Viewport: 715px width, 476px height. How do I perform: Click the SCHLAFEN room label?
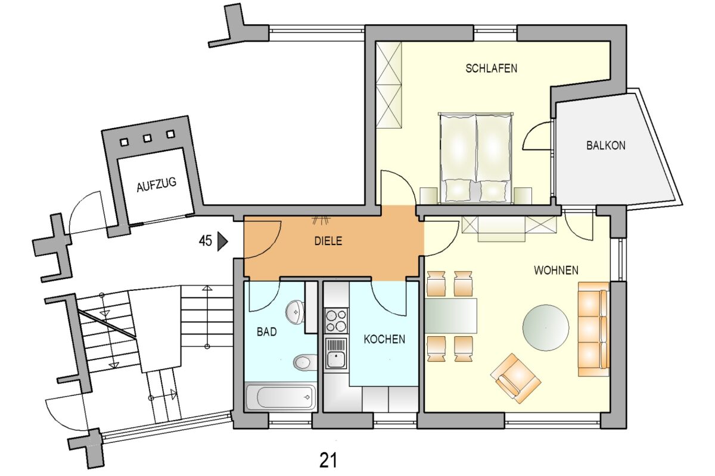(x=491, y=68)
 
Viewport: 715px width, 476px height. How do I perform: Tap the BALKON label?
(x=606, y=146)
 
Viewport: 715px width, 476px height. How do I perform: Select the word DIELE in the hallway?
(x=328, y=241)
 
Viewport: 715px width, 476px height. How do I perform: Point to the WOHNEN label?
(x=556, y=270)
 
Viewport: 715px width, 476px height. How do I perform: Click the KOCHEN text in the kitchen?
(x=384, y=339)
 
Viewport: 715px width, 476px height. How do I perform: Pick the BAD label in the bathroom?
(x=266, y=332)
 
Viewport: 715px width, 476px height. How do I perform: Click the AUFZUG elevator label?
(x=156, y=184)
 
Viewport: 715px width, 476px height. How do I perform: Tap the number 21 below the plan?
(x=328, y=461)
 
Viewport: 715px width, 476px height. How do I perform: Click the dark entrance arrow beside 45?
(x=222, y=242)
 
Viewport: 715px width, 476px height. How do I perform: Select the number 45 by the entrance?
(x=205, y=241)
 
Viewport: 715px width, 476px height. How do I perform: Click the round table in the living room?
(x=546, y=328)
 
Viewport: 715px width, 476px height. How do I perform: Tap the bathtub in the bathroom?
(x=281, y=397)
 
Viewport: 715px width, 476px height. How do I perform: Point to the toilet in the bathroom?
(x=305, y=362)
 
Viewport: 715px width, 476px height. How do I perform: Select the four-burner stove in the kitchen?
(x=336, y=321)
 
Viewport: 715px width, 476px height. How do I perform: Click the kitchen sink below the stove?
(x=336, y=353)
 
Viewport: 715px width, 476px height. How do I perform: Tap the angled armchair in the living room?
(x=516, y=378)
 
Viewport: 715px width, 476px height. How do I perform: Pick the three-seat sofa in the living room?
(x=593, y=329)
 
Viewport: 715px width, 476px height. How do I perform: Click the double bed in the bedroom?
(x=475, y=158)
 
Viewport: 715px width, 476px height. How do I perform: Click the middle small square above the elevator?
(x=147, y=138)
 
